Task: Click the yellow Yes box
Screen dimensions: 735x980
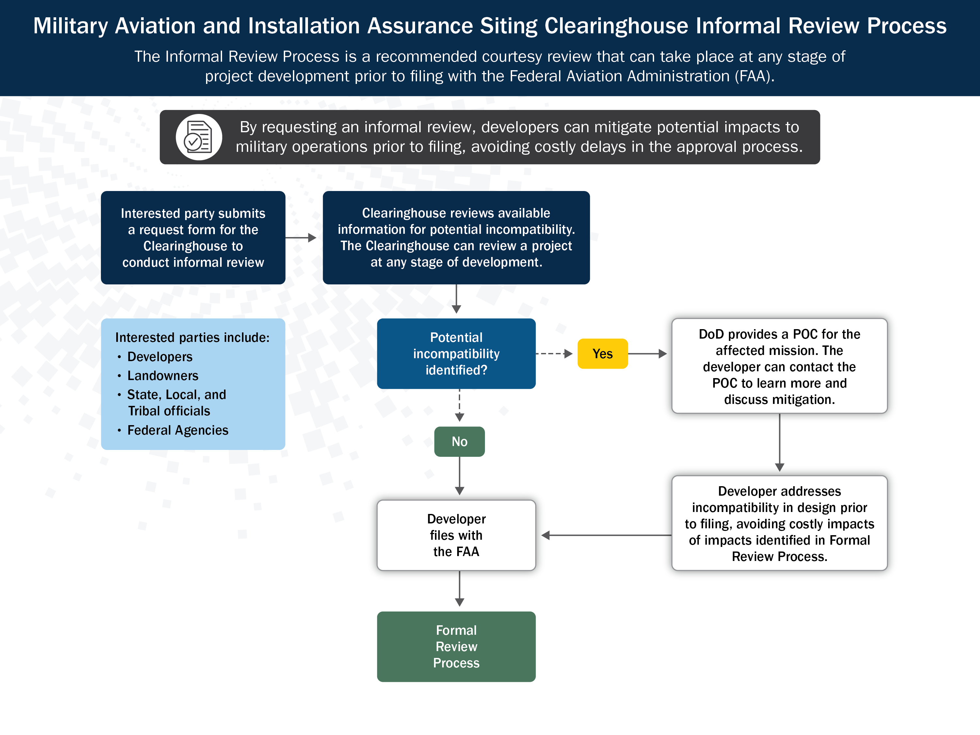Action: point(602,354)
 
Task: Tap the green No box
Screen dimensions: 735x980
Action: point(459,441)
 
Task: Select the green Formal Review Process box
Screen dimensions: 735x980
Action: point(456,647)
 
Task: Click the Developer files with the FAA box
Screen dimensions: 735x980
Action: point(456,535)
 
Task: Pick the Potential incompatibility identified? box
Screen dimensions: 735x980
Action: point(456,354)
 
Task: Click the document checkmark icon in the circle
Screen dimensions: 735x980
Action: point(199,137)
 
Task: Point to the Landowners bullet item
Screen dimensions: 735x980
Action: point(163,376)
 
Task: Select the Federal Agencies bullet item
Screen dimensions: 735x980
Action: point(178,430)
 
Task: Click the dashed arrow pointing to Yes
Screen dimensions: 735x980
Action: point(554,354)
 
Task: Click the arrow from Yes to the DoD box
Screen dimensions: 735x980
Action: point(647,354)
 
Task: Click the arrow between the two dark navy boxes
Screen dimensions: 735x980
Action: point(300,238)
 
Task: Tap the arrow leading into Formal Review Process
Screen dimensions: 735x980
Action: point(459,589)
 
